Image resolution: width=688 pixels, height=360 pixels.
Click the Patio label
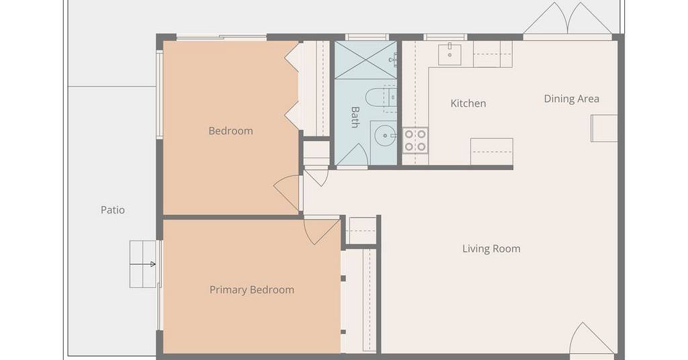[x=113, y=210]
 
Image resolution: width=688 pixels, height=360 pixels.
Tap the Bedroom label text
[x=231, y=131]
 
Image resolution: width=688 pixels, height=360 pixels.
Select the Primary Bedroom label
[x=252, y=290]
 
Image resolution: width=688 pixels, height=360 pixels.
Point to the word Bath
[x=355, y=117]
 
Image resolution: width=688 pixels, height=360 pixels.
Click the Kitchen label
[x=468, y=103]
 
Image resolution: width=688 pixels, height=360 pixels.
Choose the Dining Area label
[x=572, y=99]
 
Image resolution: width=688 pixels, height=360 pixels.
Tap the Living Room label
[x=491, y=249]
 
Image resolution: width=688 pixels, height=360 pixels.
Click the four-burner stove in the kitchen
[x=415, y=140]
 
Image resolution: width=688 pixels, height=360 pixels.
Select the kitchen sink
[x=449, y=55]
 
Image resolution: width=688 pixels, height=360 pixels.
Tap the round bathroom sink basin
[x=385, y=136]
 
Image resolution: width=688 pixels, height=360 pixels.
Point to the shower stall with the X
[x=365, y=60]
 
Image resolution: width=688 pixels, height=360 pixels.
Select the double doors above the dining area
[x=568, y=19]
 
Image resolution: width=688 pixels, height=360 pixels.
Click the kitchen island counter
[x=492, y=151]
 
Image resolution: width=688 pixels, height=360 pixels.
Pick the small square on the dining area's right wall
[x=604, y=128]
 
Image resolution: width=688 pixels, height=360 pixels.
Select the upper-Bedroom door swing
[x=288, y=193]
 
